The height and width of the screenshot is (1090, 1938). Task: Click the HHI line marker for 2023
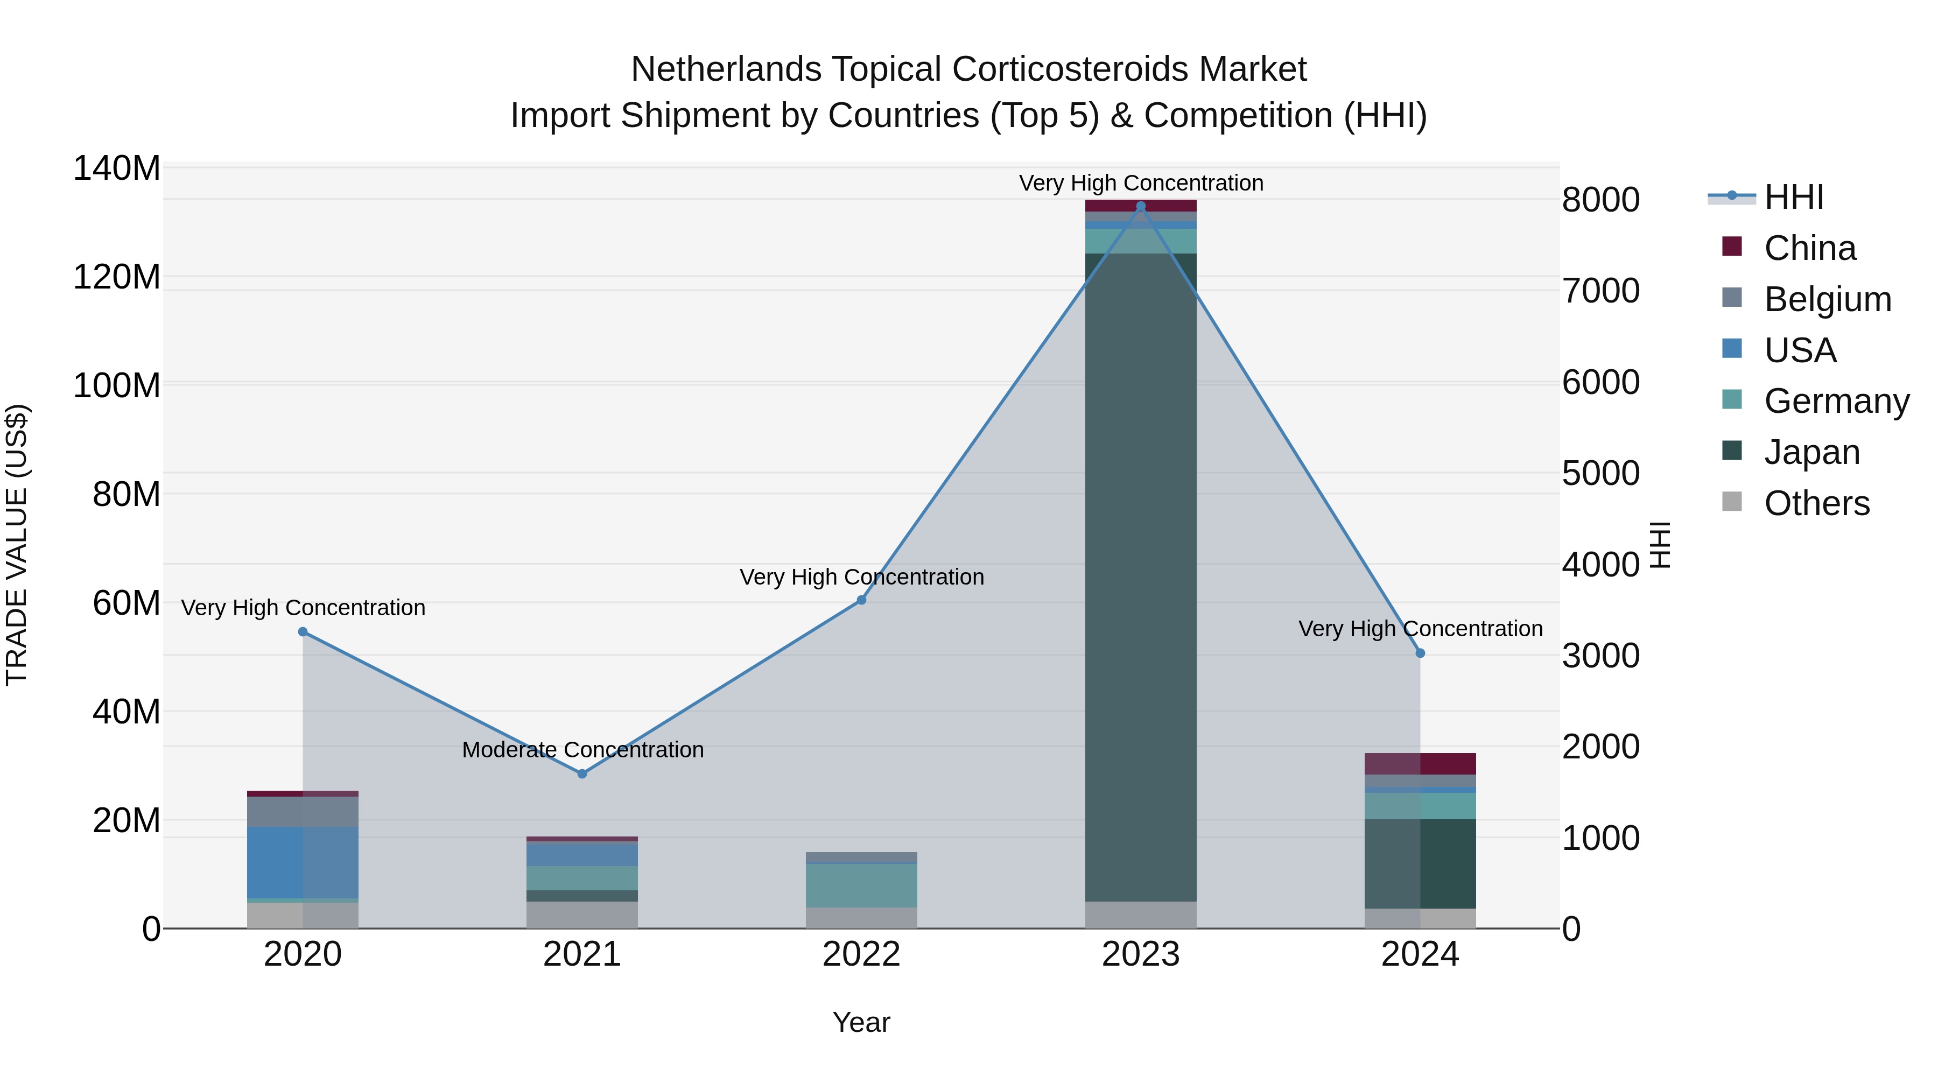[1141, 206]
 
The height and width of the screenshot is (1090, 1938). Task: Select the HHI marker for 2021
[581, 773]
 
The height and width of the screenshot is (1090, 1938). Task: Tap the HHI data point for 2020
[303, 632]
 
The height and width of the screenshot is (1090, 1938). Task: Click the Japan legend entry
[1811, 452]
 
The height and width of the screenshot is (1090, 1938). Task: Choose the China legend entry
[1809, 248]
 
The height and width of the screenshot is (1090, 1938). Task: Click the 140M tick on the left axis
[117, 168]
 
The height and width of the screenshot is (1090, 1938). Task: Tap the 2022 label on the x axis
[861, 954]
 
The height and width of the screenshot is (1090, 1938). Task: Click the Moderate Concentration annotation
[582, 750]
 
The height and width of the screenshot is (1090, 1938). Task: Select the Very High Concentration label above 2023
[1141, 183]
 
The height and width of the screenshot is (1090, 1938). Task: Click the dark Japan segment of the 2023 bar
[1141, 572]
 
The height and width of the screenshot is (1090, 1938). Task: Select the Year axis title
[861, 1022]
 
